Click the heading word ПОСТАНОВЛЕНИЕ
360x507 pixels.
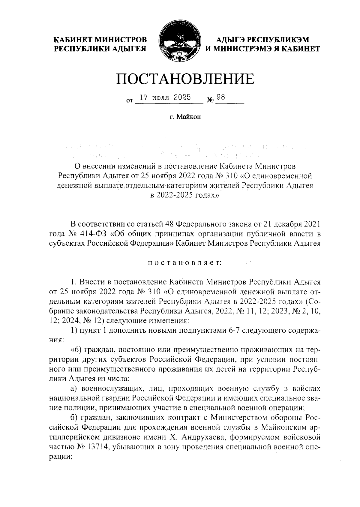(185, 79)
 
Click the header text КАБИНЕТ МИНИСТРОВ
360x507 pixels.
(100, 40)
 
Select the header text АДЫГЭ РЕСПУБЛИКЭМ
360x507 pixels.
(262, 40)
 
